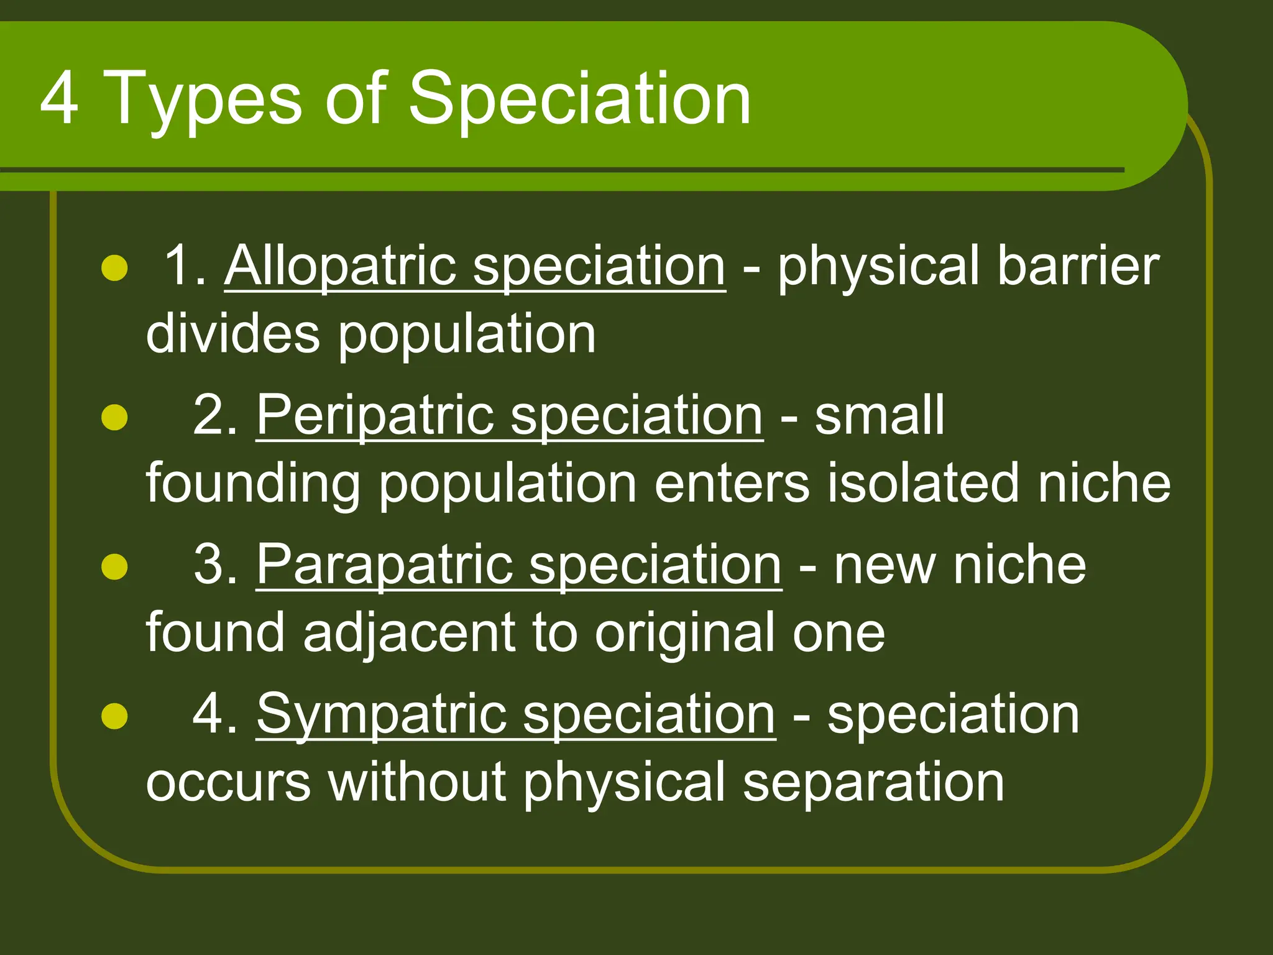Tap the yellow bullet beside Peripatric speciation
click(x=114, y=417)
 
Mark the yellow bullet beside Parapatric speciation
click(x=114, y=566)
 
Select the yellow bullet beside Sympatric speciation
click(x=114, y=716)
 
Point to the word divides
click(x=232, y=334)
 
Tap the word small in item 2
click(x=880, y=415)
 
